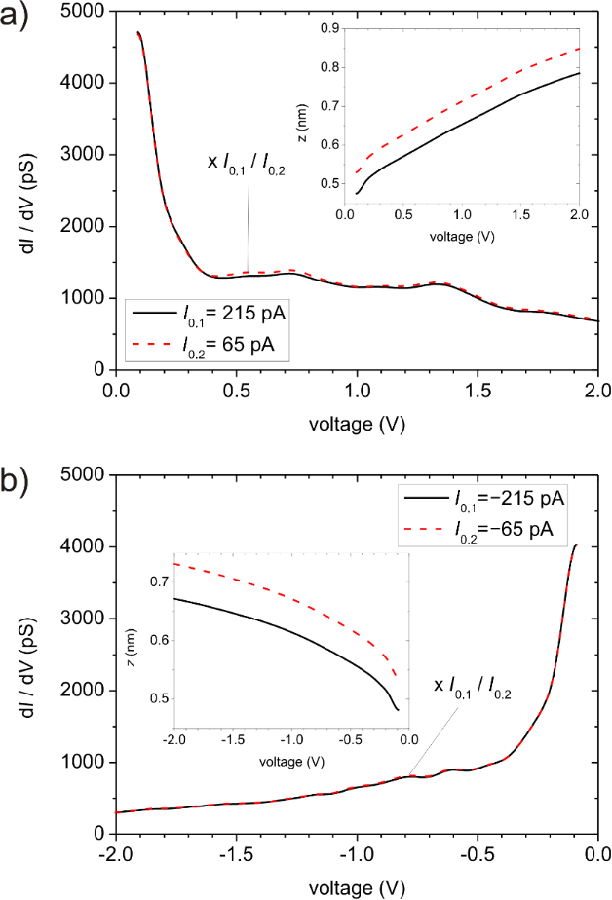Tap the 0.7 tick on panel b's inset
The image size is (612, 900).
[157, 581]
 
